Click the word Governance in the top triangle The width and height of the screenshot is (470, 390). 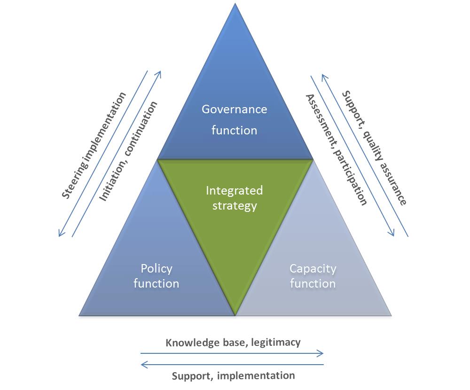[234, 109]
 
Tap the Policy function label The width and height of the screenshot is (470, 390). [156, 276]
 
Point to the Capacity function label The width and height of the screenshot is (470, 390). [313, 276]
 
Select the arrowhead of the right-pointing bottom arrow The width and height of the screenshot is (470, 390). [321, 353]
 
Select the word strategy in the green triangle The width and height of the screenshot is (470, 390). [234, 205]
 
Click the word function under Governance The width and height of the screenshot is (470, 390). [234, 130]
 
